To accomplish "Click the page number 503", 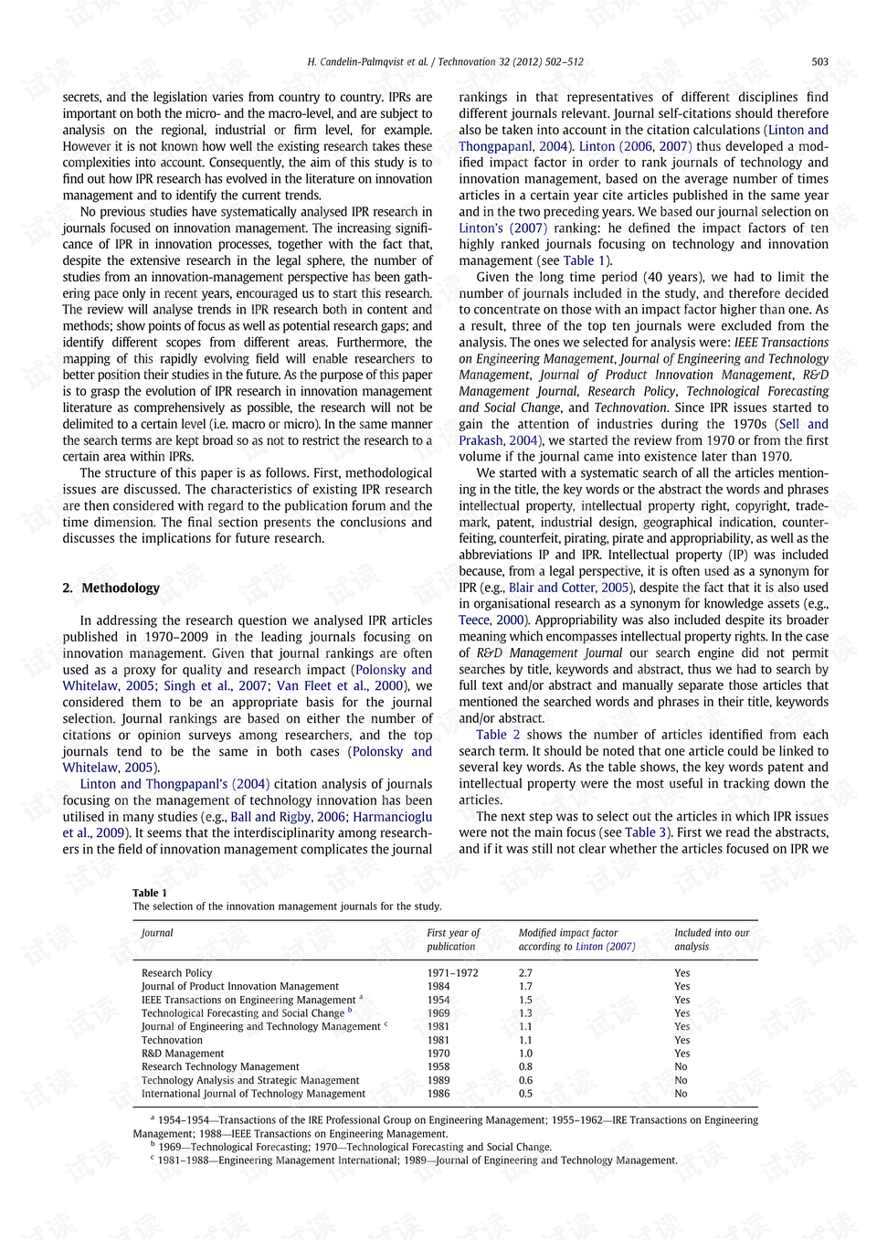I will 819,62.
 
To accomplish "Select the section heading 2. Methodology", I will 111,588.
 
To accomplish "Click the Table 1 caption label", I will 150,893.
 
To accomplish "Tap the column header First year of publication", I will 452,939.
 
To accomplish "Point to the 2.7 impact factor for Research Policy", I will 525,973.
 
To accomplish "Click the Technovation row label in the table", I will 172,1040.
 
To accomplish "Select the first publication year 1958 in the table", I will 438,1066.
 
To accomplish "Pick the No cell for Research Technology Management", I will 681,1066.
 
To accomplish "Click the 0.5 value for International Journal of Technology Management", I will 525,1094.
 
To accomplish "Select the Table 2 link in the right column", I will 498,735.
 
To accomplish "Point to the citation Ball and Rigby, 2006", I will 288,817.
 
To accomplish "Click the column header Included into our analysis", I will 711,939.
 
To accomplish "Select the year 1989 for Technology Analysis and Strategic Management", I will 438,1080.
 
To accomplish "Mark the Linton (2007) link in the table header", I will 605,947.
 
